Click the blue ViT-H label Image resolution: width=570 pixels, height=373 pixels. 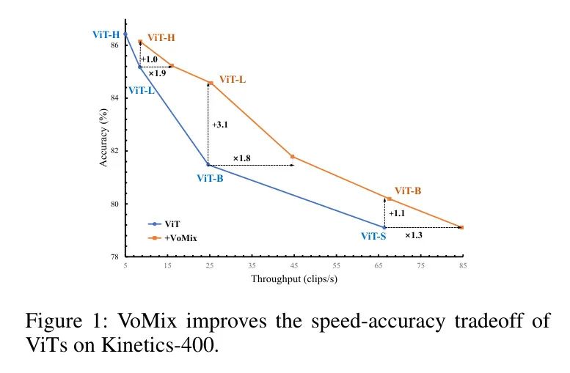coord(106,34)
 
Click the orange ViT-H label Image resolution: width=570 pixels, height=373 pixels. coord(161,37)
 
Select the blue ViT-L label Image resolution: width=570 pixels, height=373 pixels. coord(141,90)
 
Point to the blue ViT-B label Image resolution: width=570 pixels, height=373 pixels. coord(210,177)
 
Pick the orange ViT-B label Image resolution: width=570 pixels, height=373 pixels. coord(408,191)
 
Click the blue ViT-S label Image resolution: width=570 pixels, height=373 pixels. coord(374,236)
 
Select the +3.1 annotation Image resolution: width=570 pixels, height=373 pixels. coord(220,125)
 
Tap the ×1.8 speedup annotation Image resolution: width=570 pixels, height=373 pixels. coord(243,158)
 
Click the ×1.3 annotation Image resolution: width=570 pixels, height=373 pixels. coord(414,235)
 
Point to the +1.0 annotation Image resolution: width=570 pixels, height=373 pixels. coord(149,59)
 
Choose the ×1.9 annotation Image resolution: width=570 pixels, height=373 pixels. coord(157,73)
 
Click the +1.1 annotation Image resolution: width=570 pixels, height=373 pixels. coord(397,213)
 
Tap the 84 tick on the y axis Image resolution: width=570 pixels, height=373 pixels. coord(114,97)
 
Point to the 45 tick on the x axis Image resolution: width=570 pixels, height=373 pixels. coord(294,264)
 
